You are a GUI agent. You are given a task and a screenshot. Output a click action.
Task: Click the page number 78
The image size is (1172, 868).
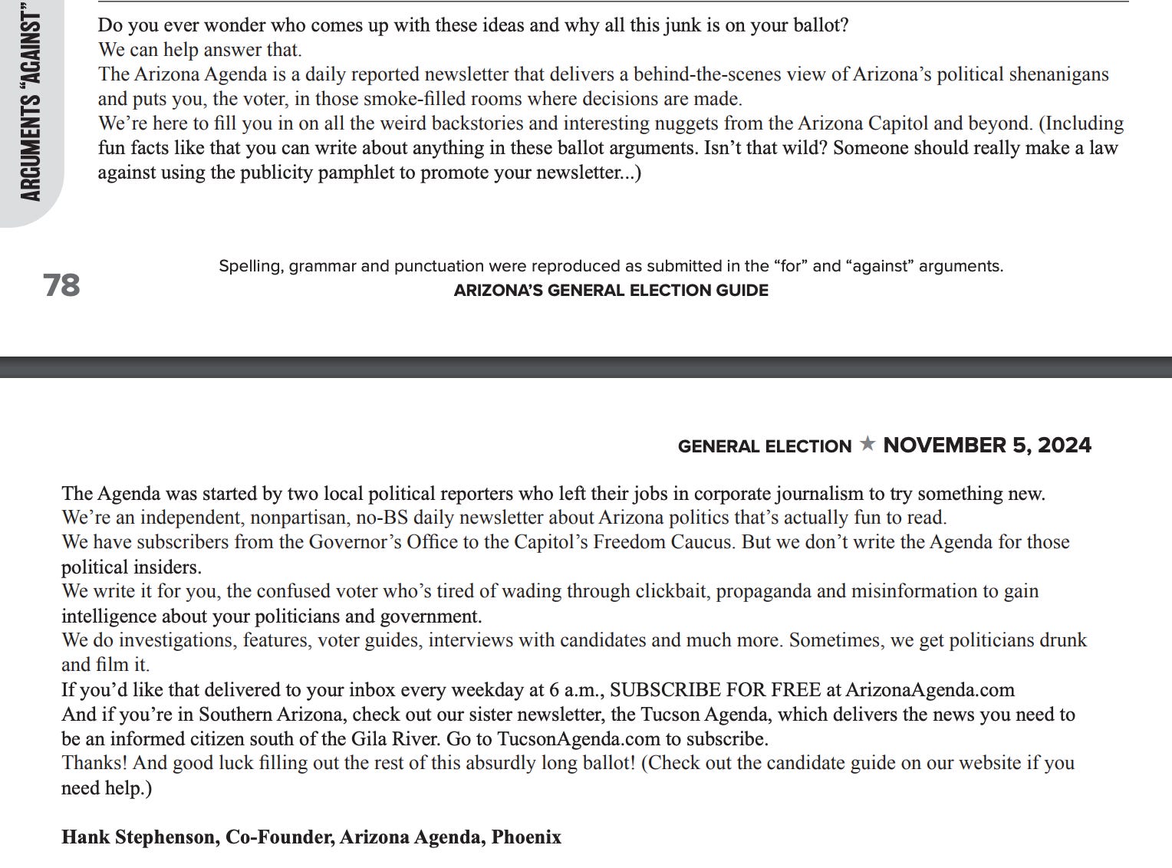(x=61, y=285)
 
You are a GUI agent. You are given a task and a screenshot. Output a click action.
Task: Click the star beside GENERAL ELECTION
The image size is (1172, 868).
(x=867, y=444)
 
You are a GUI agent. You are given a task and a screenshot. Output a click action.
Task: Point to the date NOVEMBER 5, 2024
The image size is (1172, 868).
(x=987, y=446)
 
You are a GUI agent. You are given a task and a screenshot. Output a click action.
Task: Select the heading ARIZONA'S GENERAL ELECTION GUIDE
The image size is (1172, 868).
(x=611, y=291)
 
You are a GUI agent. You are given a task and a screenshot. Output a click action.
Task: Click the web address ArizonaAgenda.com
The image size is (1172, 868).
(x=930, y=690)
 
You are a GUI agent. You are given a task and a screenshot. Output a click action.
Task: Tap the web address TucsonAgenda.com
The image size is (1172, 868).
(x=579, y=739)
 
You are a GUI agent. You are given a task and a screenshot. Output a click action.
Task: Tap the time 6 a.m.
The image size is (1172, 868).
(x=575, y=690)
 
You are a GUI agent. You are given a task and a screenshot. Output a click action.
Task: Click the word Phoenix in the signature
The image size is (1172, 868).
(x=526, y=837)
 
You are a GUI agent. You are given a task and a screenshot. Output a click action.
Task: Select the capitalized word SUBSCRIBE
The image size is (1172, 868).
(x=663, y=690)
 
